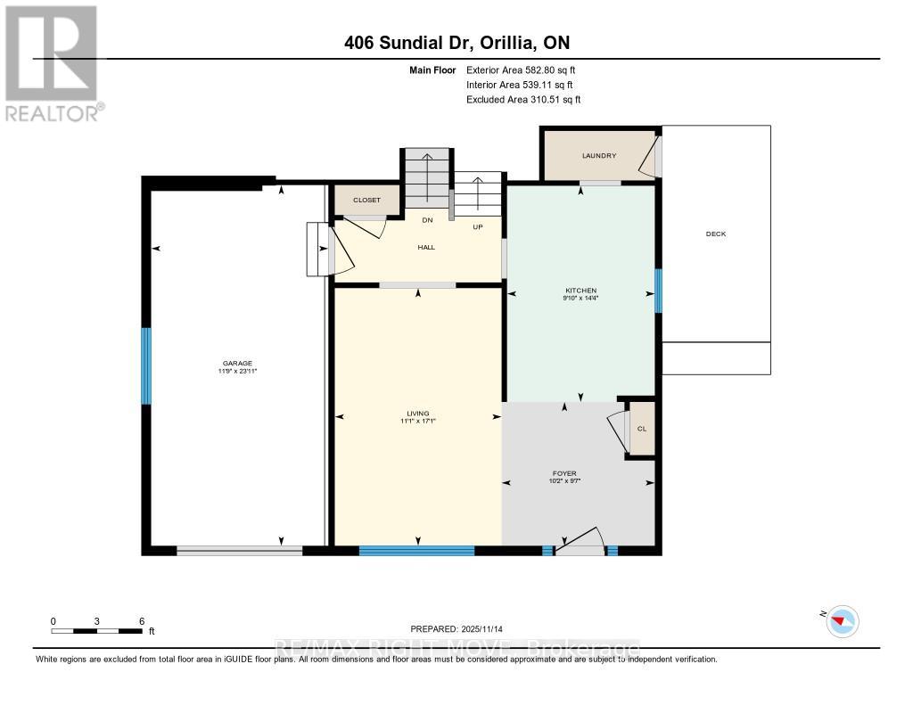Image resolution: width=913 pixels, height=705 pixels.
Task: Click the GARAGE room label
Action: click(x=238, y=363)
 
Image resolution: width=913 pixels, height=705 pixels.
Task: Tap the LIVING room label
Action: click(x=417, y=414)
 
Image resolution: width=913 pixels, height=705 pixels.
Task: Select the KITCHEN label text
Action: click(x=580, y=291)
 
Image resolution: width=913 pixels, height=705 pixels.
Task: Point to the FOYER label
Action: click(x=564, y=473)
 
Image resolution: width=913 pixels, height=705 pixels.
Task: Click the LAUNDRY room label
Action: click(x=599, y=156)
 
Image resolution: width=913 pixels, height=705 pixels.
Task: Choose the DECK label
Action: click(x=716, y=234)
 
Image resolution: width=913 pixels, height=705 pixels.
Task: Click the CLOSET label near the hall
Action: click(x=366, y=201)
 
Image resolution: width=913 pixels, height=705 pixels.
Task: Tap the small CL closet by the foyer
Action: click(x=641, y=429)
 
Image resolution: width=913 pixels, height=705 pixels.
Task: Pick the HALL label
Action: click(x=426, y=247)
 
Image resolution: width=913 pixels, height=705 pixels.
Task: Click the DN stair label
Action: click(x=427, y=220)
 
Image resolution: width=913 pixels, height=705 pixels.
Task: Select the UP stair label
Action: click(x=477, y=227)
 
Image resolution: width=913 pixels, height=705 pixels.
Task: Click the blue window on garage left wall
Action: click(x=146, y=365)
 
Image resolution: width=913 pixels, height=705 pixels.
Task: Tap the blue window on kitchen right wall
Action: click(x=658, y=291)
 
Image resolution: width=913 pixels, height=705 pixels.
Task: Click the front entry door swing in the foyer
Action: click(x=580, y=541)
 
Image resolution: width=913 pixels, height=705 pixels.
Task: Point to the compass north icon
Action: click(x=842, y=620)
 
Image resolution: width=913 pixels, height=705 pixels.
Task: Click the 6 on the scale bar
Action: click(x=141, y=620)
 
